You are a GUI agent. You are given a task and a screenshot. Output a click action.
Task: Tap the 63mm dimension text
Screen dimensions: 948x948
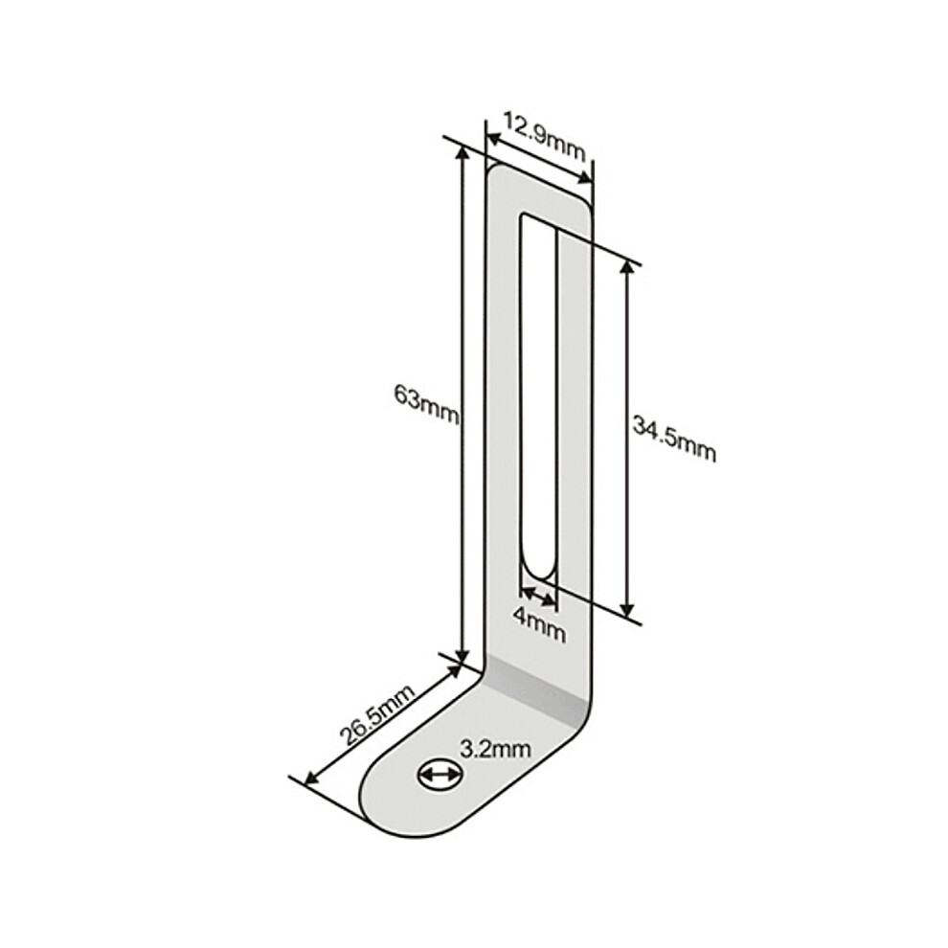(426, 404)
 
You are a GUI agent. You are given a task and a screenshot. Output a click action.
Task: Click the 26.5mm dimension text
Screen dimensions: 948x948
(378, 716)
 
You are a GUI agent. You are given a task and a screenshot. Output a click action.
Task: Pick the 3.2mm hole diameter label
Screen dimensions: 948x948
(496, 750)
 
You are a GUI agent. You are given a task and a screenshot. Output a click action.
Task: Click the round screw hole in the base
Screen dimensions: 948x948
(441, 774)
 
